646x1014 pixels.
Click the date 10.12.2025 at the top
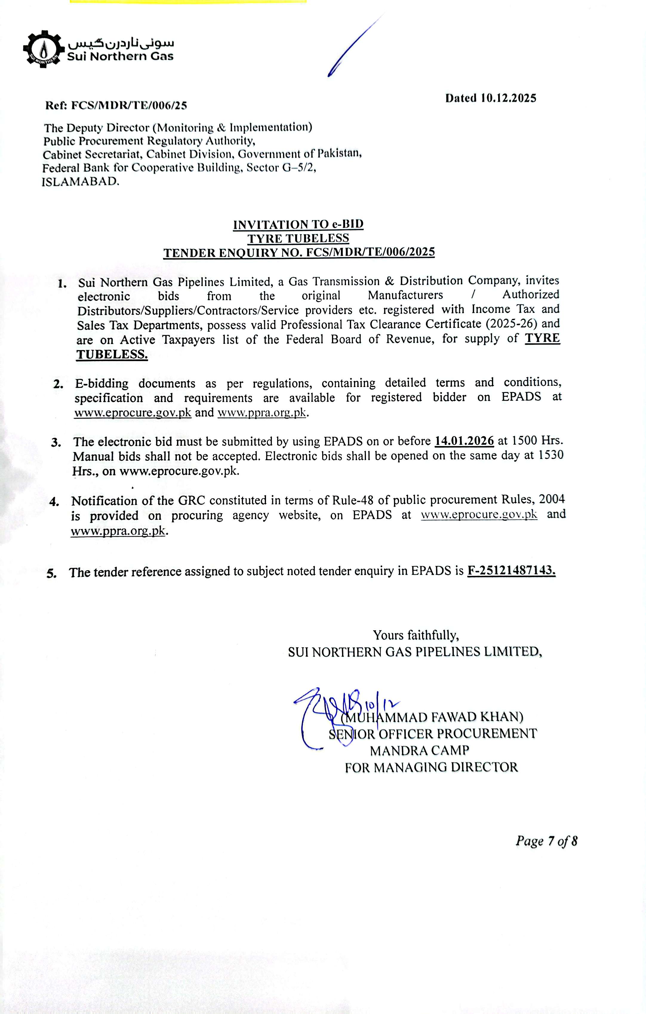(x=509, y=98)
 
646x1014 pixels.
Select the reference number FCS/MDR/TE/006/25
(x=128, y=105)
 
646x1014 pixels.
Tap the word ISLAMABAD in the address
(x=80, y=182)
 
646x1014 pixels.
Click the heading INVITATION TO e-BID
(x=298, y=225)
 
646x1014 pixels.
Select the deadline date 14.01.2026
(x=464, y=441)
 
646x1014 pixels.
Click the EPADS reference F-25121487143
(x=511, y=571)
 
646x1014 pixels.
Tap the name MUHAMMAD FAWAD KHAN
(x=434, y=716)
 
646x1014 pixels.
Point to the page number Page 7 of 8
(x=546, y=841)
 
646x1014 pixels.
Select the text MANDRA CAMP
(x=419, y=750)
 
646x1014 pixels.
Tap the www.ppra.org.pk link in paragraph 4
(x=118, y=531)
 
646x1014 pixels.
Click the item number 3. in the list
(x=56, y=443)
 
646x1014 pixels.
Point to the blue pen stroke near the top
(x=355, y=46)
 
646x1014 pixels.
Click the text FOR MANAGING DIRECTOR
(x=431, y=767)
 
